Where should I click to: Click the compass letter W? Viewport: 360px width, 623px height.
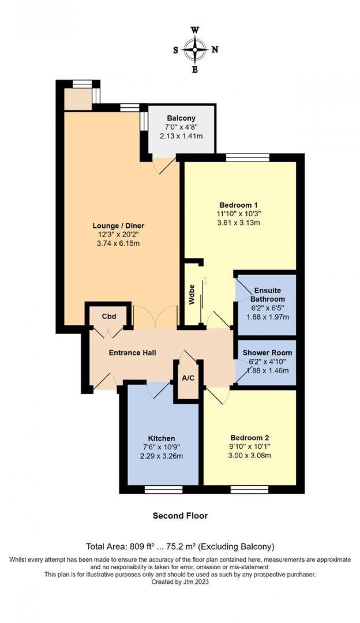coord(195,30)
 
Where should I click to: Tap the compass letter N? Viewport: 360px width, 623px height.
coord(215,50)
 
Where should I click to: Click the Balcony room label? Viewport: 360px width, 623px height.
coord(181,118)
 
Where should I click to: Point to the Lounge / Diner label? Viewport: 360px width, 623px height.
coord(118,226)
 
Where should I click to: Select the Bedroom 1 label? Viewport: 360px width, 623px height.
coord(238,205)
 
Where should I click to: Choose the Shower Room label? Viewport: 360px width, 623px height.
coord(267,353)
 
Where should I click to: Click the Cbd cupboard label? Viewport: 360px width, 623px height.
coord(109,316)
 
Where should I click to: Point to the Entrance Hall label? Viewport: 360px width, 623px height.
coord(132,353)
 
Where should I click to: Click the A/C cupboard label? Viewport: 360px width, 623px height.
coord(188,378)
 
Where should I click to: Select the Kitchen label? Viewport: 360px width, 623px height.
coord(161,438)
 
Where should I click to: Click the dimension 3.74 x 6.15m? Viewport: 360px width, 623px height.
coord(118,244)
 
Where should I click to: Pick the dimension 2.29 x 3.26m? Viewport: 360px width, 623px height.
coord(161,456)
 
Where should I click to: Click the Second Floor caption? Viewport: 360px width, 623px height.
coord(180,516)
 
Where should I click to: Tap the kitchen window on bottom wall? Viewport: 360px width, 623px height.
coord(163,489)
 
